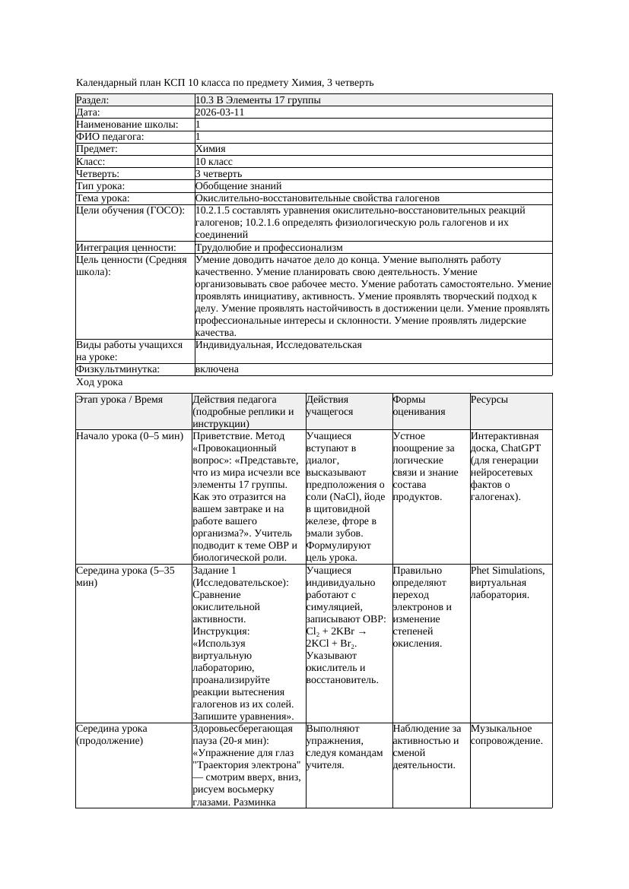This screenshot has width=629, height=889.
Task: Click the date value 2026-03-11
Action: coord(220,112)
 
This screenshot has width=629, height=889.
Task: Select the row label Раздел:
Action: coord(93,100)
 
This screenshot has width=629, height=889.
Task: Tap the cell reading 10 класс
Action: coord(214,162)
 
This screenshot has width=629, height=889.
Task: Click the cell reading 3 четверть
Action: coord(218,174)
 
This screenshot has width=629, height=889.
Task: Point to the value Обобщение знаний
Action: coord(238,186)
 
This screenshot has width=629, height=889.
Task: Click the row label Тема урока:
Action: coord(103,198)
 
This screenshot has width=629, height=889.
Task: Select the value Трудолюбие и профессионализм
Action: coord(268,248)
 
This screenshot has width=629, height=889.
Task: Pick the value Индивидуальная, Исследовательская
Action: coord(278,345)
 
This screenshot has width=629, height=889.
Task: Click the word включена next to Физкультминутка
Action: coord(217,369)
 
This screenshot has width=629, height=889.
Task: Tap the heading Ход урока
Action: coord(100,383)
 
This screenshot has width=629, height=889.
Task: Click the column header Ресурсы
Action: coord(489,400)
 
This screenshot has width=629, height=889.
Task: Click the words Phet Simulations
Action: coord(507,570)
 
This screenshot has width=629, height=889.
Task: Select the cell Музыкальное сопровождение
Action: coord(507,735)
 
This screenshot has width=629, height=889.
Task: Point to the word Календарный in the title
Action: coord(106,82)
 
